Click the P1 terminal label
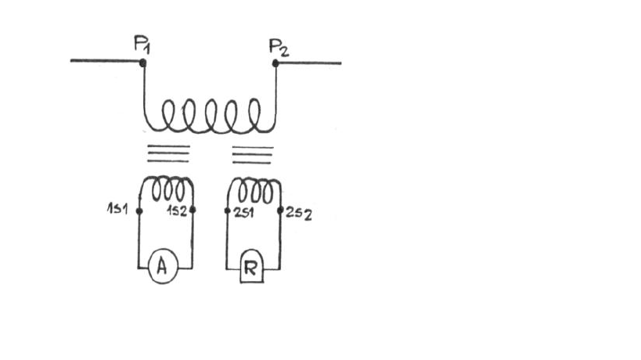tap(142, 45)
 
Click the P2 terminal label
tap(279, 46)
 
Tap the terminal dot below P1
tap(142, 62)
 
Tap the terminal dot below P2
tap(275, 62)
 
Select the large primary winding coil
tap(209, 117)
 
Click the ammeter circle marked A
tap(162, 268)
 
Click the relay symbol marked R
tap(251, 268)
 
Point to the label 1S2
tap(177, 211)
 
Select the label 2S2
tap(298, 214)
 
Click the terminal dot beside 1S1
tap(139, 211)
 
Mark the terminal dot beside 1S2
tap(193, 211)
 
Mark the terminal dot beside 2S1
tap(227, 211)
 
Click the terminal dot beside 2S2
tap(282, 211)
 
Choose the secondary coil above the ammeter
tap(166, 190)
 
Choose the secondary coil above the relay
tap(254, 190)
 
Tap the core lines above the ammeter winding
tap(168, 153)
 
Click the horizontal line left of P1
tap(106, 60)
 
